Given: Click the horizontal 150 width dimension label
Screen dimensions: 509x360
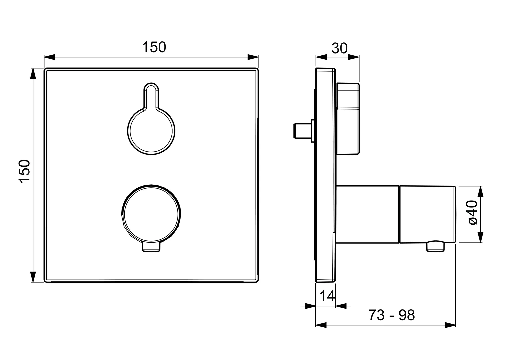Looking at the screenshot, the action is click(154, 47).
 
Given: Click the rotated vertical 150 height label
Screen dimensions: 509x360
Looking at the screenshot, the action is click(24, 171).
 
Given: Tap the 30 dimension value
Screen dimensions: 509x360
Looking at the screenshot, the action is click(339, 48).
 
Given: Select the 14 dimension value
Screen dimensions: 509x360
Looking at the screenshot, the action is click(327, 296).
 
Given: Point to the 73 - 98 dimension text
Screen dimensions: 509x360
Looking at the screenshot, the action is click(392, 315).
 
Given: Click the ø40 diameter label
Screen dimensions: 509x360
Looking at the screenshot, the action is click(473, 212).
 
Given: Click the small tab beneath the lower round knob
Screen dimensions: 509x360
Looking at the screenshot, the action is click(151, 247).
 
